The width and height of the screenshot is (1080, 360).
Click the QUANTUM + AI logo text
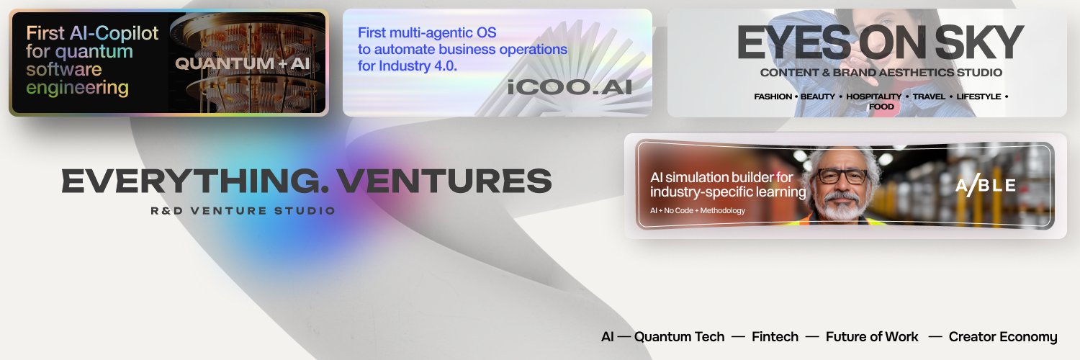242,63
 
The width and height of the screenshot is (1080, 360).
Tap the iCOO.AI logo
569,87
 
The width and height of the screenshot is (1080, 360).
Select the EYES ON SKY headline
880,43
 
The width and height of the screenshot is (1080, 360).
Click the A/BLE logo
986,186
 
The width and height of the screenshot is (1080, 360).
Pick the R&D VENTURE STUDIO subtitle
243,211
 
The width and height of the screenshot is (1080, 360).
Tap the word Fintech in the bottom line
775,337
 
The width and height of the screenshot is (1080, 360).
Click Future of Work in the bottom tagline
872,337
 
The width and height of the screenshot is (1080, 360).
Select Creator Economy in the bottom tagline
1003,337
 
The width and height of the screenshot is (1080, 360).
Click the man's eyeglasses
842,175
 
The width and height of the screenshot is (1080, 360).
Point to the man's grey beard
841,207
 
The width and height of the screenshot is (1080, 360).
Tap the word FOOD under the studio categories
881,107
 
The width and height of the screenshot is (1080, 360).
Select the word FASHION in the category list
773,96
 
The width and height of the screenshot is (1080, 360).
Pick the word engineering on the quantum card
77,89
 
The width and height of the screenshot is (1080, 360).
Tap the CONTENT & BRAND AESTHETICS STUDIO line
881,73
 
